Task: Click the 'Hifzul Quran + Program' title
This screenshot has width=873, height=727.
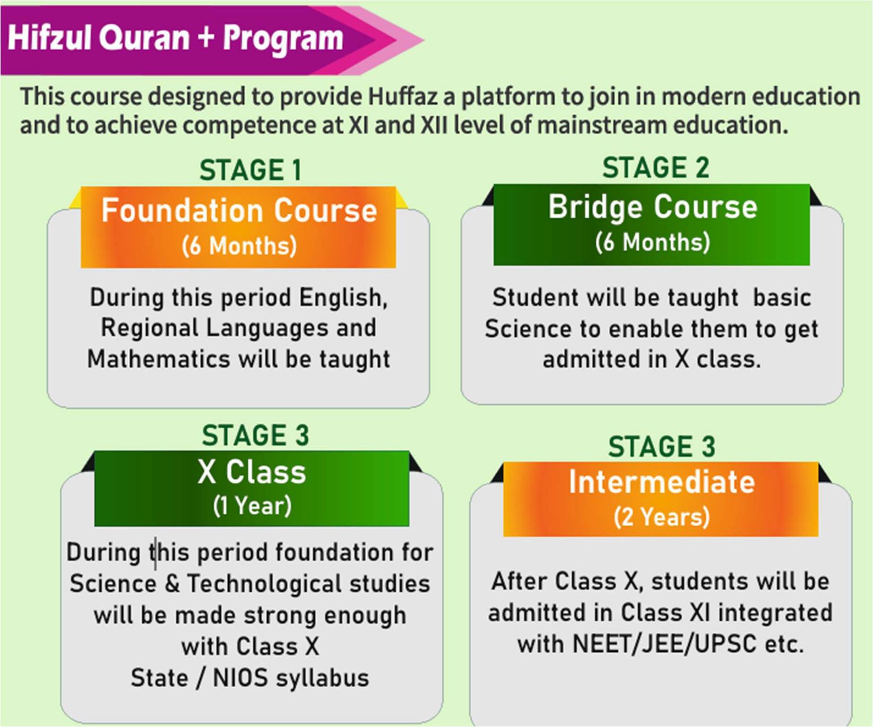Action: (x=176, y=38)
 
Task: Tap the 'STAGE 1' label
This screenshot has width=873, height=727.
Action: (x=250, y=170)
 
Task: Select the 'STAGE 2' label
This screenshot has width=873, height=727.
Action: (x=656, y=167)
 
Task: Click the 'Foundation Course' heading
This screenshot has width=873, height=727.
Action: (x=239, y=211)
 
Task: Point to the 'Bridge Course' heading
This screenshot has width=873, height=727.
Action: (x=653, y=208)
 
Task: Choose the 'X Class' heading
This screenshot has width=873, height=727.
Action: (x=252, y=472)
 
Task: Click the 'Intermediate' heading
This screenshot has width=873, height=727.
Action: (x=662, y=482)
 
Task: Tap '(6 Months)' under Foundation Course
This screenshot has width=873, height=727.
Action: (x=239, y=245)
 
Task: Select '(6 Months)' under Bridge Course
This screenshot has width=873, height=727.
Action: (x=653, y=242)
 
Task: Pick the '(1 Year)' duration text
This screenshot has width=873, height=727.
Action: (x=252, y=506)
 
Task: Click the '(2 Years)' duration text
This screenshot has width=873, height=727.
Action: (x=661, y=516)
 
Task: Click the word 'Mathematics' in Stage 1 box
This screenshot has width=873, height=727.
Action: (x=159, y=359)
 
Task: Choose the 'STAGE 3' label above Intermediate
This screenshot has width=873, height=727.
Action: (x=661, y=447)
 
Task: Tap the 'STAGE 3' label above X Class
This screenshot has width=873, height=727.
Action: (x=255, y=436)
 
